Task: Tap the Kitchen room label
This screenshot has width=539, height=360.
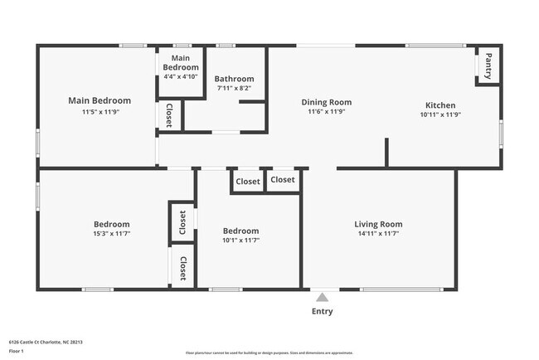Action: point(440,105)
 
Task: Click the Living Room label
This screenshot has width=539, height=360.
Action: point(378,224)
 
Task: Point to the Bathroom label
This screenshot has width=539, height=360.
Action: point(235,79)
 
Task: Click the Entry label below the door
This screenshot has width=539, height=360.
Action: point(323,312)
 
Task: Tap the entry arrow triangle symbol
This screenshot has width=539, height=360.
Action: point(323,295)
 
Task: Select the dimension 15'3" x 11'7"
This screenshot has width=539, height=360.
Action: point(111,234)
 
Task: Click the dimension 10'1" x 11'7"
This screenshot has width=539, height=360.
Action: point(240,241)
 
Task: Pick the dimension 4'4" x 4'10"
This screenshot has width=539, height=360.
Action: point(181,76)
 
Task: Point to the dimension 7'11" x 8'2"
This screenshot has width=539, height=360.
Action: point(234,88)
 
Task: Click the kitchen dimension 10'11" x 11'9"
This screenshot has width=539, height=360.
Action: point(440,114)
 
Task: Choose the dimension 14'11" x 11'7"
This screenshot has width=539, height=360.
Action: point(378,234)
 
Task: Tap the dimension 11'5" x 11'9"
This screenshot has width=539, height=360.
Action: point(100,111)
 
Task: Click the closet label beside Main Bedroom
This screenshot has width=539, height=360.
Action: point(169,115)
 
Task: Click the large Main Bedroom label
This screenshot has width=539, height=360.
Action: point(100,100)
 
